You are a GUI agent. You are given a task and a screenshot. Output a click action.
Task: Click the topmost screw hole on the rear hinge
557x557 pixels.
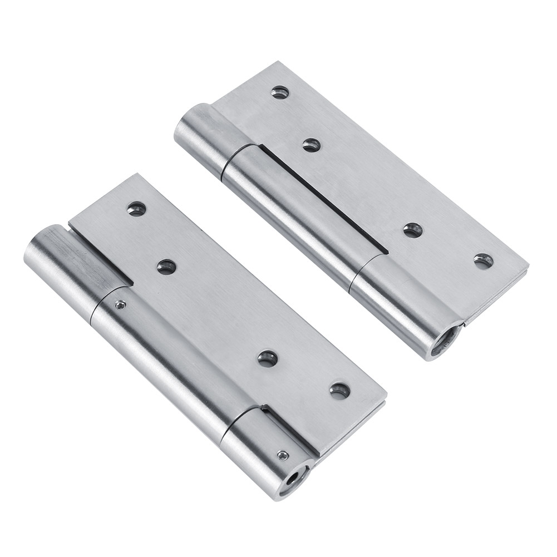coord(280,92)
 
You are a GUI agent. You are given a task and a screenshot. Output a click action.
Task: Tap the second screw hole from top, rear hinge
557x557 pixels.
coord(311,145)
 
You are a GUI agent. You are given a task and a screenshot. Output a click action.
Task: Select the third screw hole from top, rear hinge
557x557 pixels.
coord(412,230)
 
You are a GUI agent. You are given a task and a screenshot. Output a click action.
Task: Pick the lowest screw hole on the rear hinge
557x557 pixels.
coord(483,260)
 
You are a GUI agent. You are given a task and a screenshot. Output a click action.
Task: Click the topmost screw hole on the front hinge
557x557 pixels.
coord(136,209)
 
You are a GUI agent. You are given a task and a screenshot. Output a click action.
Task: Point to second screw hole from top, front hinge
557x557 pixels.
coord(166,267)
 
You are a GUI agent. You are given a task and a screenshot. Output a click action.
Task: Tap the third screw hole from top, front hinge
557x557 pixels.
coord(268,359)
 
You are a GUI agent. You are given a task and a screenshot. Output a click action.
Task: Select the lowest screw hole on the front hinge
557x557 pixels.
coord(339,391)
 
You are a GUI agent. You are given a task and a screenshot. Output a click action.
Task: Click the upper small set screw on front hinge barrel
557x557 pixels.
coord(119,304)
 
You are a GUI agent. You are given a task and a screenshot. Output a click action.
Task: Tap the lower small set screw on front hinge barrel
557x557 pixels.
coord(283,455)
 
